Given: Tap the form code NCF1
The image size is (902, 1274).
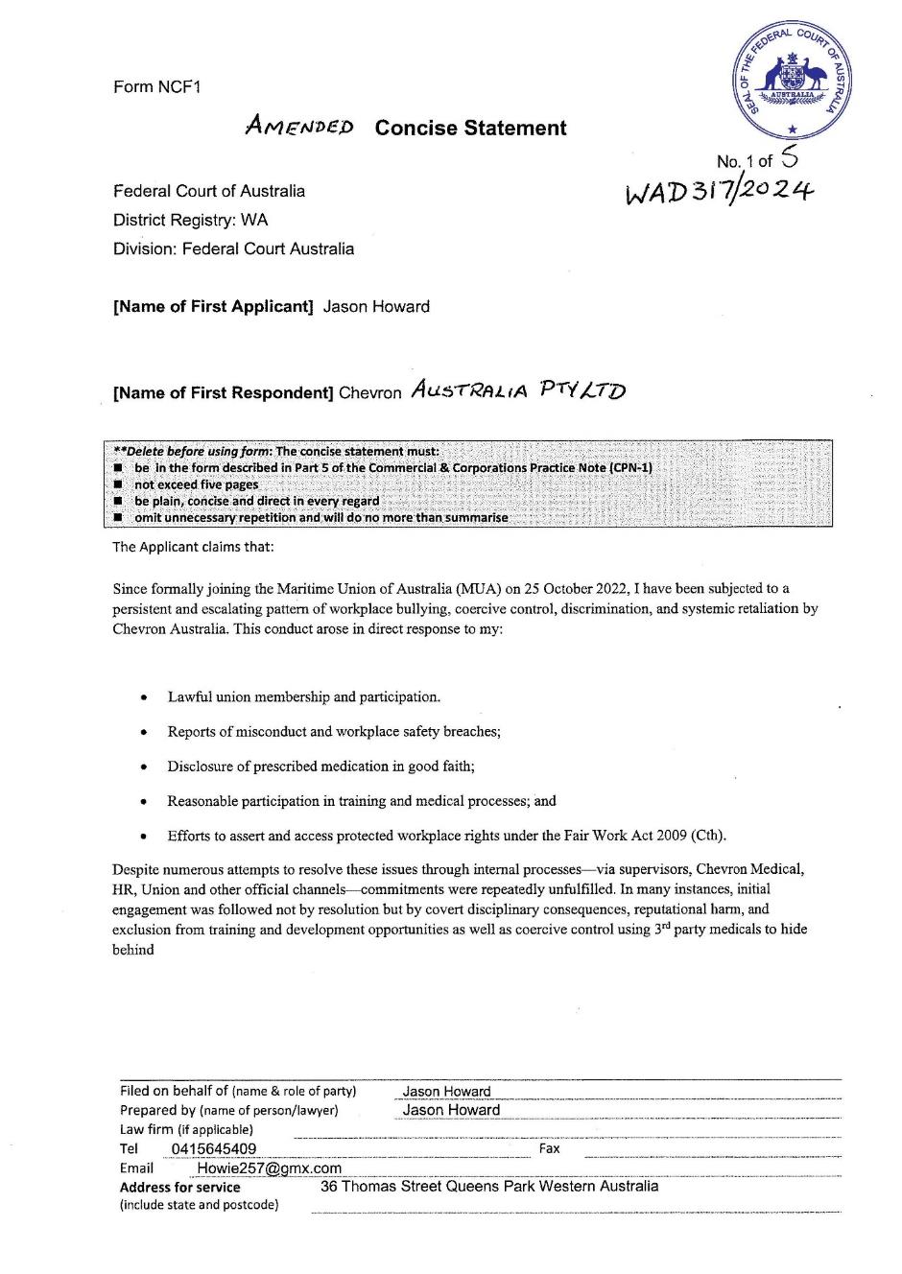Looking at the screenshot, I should click(179, 87).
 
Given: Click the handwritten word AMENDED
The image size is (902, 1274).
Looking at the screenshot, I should click(299, 126).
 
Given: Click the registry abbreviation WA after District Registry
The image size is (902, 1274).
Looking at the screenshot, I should click(254, 220).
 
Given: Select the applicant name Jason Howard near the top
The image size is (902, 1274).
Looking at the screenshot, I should click(376, 307).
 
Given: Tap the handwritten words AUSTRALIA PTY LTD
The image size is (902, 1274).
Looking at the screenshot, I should click(517, 390).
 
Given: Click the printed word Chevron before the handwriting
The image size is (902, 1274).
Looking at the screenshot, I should click(370, 393).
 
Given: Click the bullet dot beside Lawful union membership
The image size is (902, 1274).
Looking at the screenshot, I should click(144, 697).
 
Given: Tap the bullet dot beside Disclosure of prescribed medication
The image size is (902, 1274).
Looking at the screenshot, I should click(144, 767).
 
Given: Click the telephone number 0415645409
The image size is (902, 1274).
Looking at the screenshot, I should click(214, 1148).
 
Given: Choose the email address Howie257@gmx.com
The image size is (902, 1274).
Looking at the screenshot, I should click(269, 1168).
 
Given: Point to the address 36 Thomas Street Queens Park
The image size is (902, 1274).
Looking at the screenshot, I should click(489, 1187).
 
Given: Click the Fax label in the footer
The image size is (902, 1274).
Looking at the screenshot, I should click(550, 1148).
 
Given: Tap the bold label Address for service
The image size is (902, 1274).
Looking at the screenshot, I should click(180, 1188).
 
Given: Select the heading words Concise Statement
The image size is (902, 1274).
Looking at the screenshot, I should click(470, 129).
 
